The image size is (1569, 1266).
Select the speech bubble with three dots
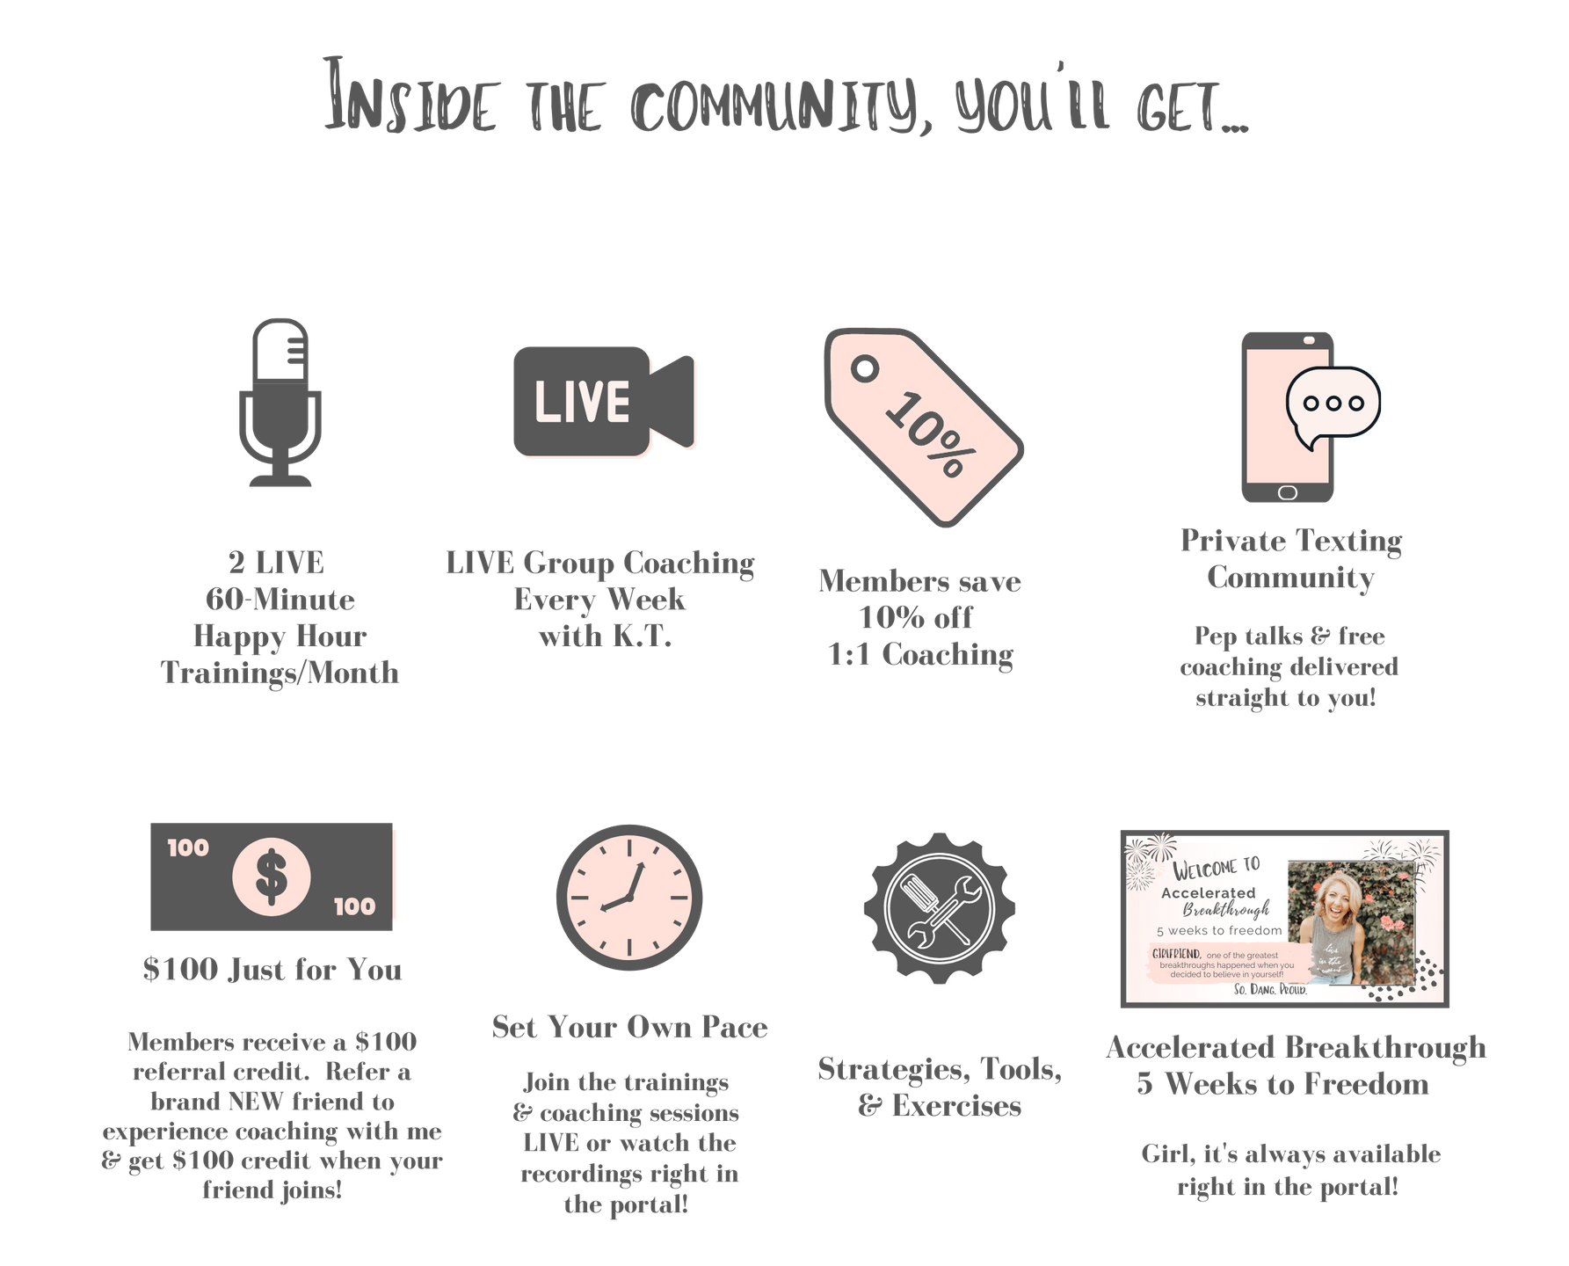tap(1332, 404)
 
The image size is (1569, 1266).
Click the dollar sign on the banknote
tap(271, 877)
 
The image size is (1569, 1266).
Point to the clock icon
tap(628, 898)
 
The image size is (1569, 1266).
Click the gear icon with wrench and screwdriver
tap(939, 906)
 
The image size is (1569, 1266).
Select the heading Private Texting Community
tap(1290, 559)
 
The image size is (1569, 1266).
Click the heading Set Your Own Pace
tap(629, 1027)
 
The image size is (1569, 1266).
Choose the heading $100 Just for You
tap(272, 970)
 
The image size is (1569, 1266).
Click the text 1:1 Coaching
tap(920, 655)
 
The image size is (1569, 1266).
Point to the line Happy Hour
tap(280, 636)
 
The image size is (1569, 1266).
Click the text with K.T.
tap(605, 635)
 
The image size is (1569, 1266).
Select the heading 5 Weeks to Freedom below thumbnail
tap(1282, 1084)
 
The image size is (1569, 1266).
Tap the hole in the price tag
tap(867, 367)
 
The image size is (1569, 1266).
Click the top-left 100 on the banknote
tap(188, 848)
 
